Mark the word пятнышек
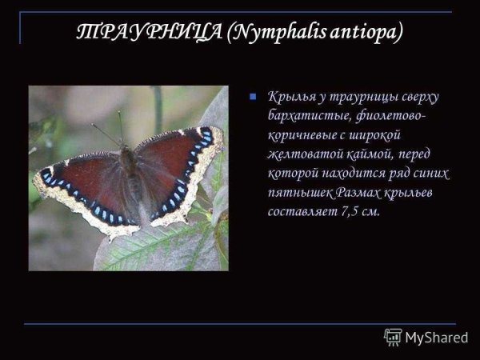click(x=301, y=194)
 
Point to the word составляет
click(x=303, y=213)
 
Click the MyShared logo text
click(x=436, y=338)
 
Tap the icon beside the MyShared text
click(x=393, y=337)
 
